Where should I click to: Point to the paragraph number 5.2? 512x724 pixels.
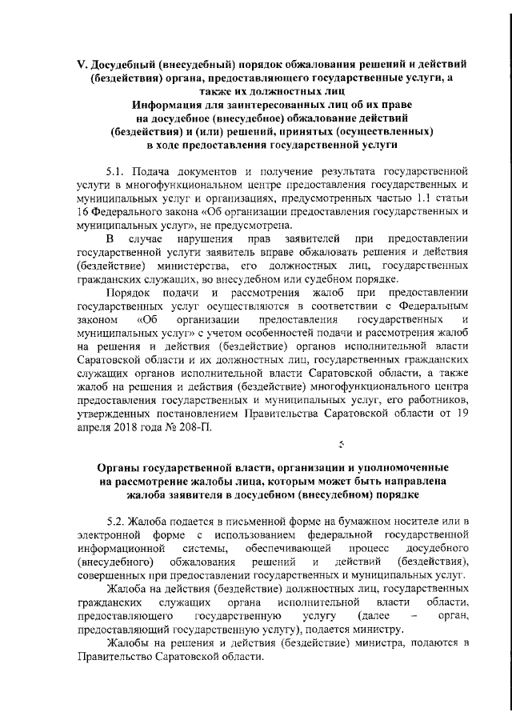pyautogui.click(x=117, y=522)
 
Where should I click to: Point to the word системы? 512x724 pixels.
pyautogui.click(x=205, y=550)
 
